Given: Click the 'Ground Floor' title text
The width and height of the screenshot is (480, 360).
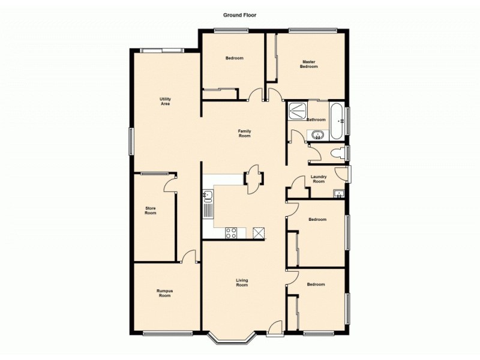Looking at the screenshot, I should coord(240,16).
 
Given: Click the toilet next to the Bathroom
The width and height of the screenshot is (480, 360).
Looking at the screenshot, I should coord(340,153).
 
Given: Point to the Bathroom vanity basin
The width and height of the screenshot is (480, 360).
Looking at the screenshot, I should coord(316,136).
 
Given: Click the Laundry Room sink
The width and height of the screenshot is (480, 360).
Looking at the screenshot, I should coord(339,193).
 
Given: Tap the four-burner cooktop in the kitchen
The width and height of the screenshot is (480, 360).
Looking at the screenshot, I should coord(232,233).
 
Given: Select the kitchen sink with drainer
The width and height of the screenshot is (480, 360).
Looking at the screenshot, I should coord(207,204).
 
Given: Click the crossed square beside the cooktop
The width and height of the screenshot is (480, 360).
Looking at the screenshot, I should coord(259,233).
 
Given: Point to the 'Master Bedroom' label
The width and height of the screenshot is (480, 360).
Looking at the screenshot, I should coord(309,64).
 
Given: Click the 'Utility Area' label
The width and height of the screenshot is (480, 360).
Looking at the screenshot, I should coord(166,101).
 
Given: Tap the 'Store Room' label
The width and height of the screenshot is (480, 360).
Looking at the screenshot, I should coord(151,211).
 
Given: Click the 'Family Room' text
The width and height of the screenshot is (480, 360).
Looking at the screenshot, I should coord(244,134).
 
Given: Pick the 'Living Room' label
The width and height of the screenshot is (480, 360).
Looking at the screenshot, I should coord(242,283).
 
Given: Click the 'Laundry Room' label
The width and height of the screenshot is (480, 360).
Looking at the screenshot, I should coord(319,179).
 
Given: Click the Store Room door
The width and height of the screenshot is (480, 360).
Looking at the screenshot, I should coord(170,182).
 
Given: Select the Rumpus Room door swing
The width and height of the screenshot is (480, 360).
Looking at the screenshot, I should coord(189,257).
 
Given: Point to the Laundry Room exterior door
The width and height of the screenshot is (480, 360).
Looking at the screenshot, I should coord(343,173).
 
